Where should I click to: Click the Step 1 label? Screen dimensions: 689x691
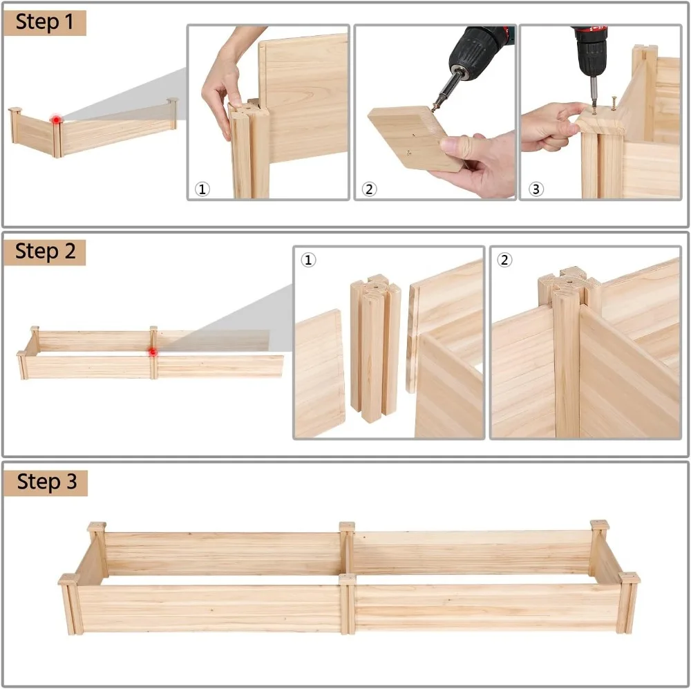pyautogui.click(x=44, y=22)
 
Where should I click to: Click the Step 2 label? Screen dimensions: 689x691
pyautogui.click(x=45, y=252)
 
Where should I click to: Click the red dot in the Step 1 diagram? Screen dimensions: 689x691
pyautogui.click(x=56, y=120)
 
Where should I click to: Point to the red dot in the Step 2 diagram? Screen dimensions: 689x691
pyautogui.click(x=153, y=352)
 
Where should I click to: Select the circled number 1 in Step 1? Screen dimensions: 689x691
pyautogui.click(x=202, y=189)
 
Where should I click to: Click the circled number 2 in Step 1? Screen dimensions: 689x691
pyautogui.click(x=369, y=189)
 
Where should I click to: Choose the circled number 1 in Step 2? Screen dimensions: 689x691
pyautogui.click(x=308, y=260)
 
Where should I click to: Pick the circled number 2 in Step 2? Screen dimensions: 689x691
pyautogui.click(x=505, y=260)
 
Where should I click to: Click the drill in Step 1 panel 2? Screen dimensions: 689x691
pyautogui.click(x=477, y=55)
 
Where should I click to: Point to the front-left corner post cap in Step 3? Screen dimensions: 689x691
pyautogui.click(x=68, y=579)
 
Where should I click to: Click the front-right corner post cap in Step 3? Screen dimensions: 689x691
pyautogui.click(x=629, y=578)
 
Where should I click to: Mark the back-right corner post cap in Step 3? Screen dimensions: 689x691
pyautogui.click(x=599, y=525)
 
